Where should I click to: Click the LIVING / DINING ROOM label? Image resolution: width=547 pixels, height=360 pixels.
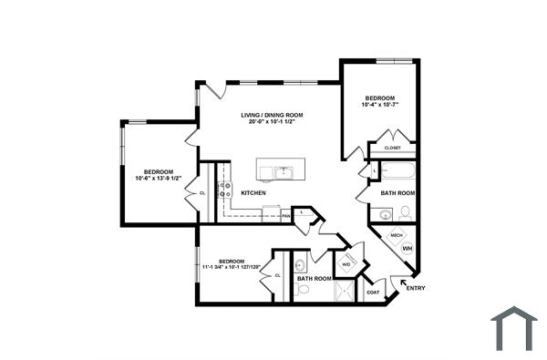click(x=272, y=115)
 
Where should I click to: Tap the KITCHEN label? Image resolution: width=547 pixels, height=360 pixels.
click(x=253, y=193)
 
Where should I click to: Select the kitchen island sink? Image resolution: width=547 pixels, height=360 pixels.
click(x=283, y=171)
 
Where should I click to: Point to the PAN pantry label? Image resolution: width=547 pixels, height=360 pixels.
click(x=285, y=216)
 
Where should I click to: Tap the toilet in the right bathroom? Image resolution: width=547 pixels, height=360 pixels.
click(x=406, y=212)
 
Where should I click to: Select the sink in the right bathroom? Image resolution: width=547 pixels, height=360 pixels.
click(x=385, y=215)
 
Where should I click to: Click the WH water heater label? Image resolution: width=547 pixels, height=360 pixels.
click(x=408, y=248)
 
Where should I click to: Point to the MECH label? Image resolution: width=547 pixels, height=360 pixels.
click(x=397, y=235)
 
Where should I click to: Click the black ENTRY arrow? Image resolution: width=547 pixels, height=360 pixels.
click(x=404, y=282)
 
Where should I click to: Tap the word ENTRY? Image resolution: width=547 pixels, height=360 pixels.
click(x=415, y=290)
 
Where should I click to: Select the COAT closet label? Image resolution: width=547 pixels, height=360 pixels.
click(x=372, y=292)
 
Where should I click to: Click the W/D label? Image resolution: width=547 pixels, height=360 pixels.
click(x=346, y=264)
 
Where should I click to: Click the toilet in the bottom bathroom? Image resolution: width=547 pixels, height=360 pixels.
click(x=303, y=290)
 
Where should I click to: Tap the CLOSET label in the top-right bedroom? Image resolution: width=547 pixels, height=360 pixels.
click(x=392, y=148)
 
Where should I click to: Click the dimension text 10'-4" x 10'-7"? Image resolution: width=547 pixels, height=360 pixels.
click(x=379, y=106)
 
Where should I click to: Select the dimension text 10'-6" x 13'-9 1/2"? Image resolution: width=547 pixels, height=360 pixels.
click(x=159, y=178)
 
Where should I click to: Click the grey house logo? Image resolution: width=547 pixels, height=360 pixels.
click(x=514, y=328)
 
